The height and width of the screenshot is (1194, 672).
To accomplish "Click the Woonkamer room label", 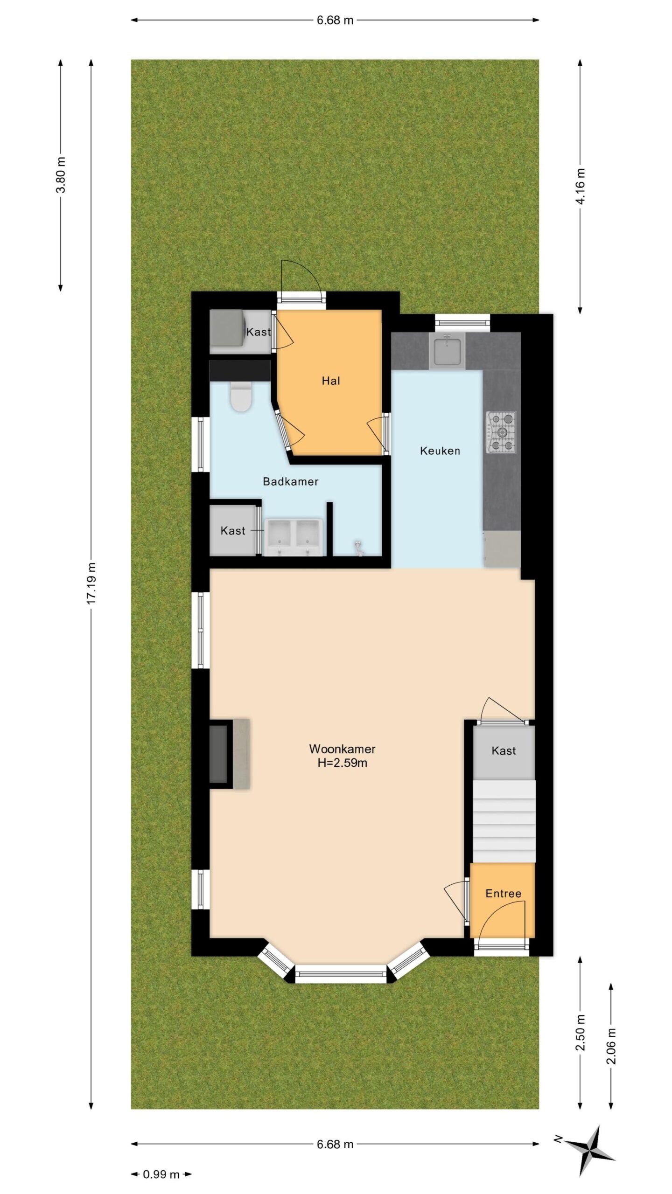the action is coord(342,749).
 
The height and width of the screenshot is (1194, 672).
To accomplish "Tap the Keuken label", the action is coord(440,451).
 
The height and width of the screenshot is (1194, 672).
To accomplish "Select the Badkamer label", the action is coord(291,481).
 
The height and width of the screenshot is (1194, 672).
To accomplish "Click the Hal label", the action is coord(331,381).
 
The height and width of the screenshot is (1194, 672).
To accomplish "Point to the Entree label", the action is coord(504,893).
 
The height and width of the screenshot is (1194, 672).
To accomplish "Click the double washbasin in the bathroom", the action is coord(294,537).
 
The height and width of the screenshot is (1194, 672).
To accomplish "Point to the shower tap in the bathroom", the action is coord(358,548).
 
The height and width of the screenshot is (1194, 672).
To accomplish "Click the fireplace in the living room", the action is coord(229,754).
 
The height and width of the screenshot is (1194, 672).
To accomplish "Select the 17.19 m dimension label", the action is coord(91,583).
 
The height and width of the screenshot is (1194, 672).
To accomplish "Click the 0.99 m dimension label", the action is coord(161,1174).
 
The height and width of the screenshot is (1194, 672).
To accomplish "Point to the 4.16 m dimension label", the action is coord(580,186).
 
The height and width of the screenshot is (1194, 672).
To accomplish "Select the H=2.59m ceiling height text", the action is coord(342,764).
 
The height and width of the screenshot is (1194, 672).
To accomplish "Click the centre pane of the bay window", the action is coord(341,973).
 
